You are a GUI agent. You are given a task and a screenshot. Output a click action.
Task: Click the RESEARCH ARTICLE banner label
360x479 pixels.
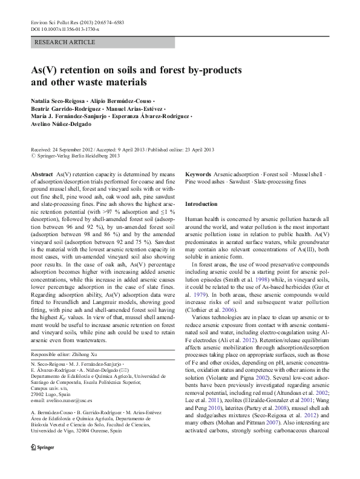coord(65,42)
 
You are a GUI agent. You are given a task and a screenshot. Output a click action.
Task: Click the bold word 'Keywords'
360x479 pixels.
coord(198,174)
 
